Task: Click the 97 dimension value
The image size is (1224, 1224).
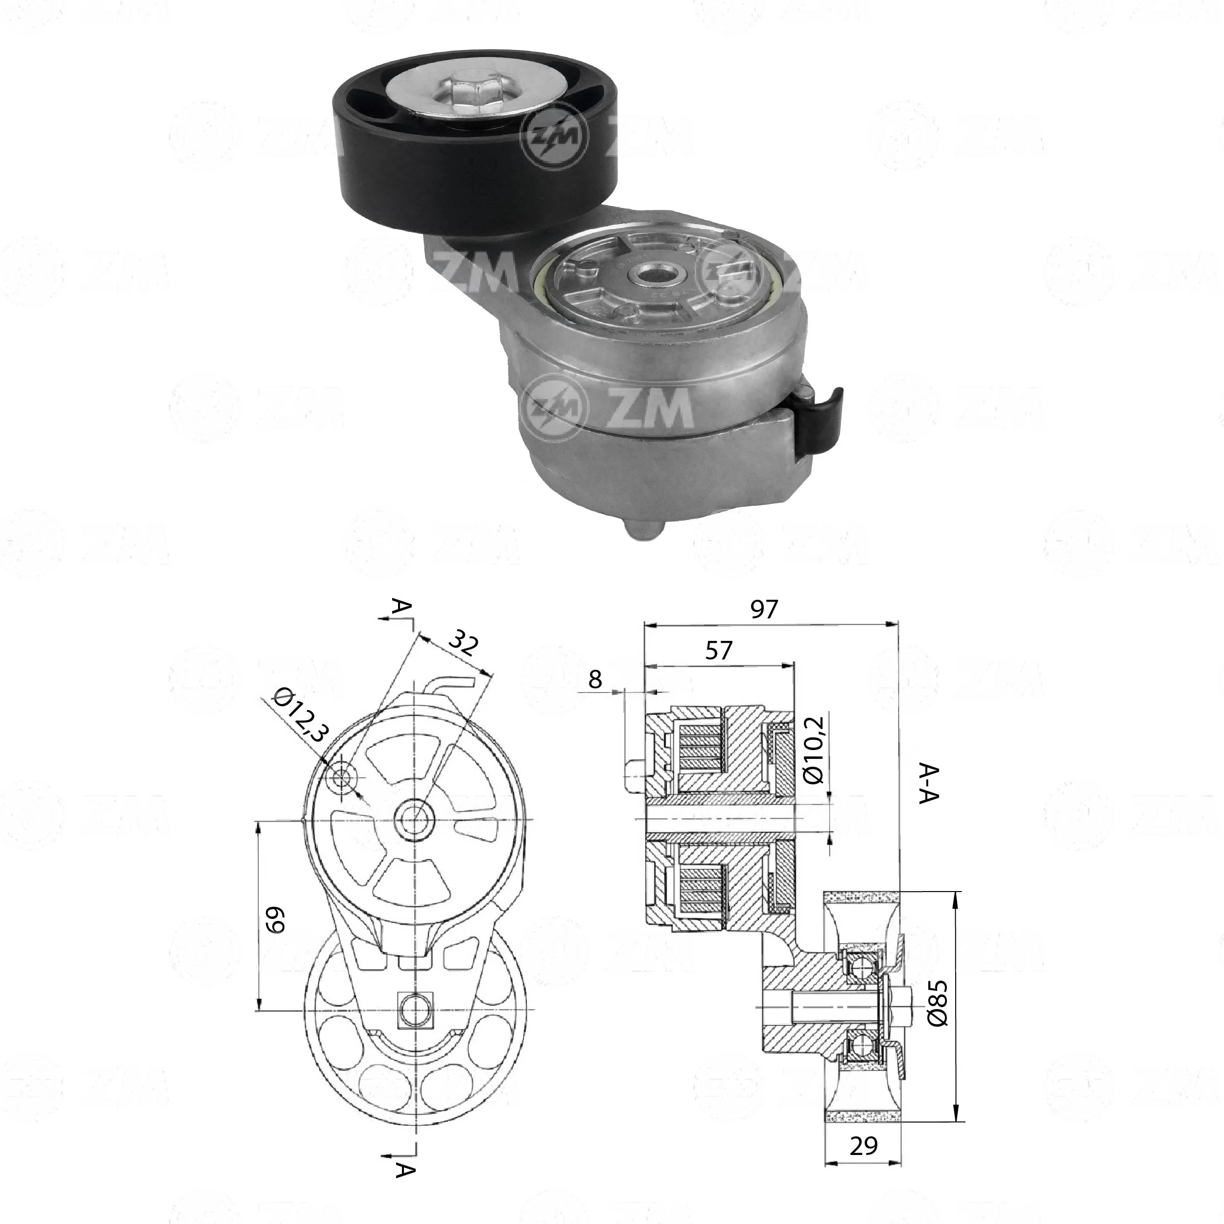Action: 763,610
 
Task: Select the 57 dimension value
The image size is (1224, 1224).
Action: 718,651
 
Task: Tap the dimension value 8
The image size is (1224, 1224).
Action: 594,680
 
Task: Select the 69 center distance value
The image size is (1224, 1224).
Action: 276,920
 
